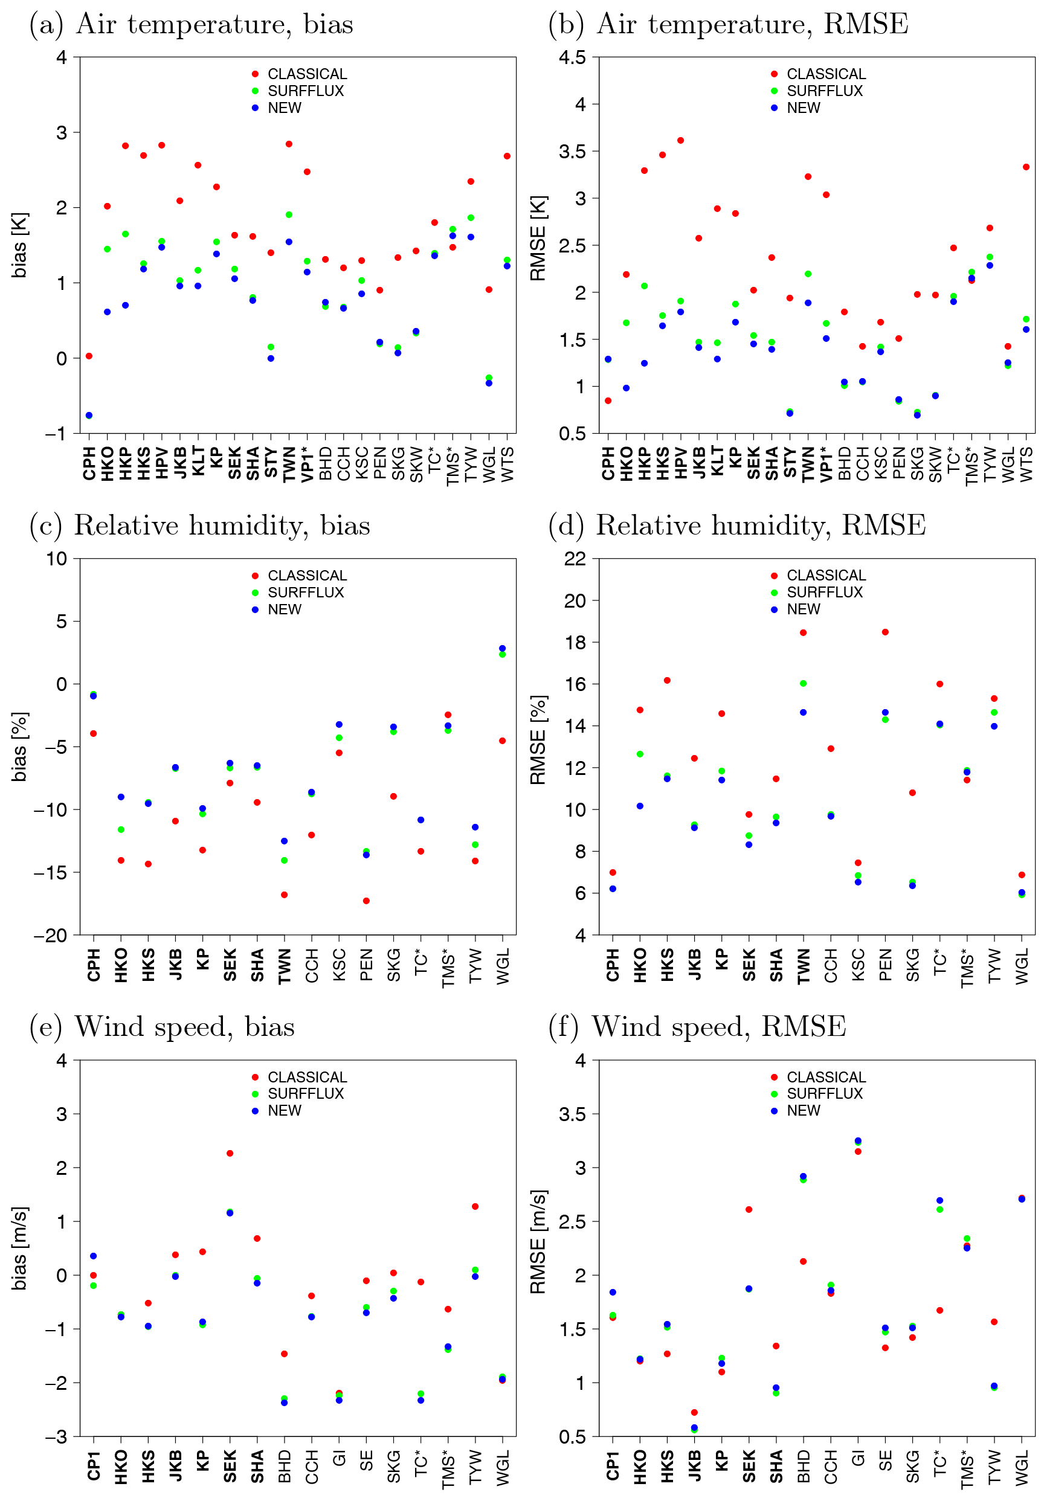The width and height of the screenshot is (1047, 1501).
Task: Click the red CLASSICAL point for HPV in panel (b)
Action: [x=680, y=141]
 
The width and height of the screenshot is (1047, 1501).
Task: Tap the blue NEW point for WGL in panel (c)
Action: [x=502, y=649]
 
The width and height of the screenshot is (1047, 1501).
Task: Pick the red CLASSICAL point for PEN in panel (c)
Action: [x=366, y=901]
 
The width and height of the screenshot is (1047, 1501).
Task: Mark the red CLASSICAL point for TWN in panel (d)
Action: [x=803, y=633]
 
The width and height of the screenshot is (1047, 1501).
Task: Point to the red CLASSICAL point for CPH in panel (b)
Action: [x=608, y=400]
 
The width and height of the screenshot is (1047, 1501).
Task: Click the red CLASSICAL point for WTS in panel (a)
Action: [x=507, y=156]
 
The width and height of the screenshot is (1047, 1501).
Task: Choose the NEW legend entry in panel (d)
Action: [x=803, y=609]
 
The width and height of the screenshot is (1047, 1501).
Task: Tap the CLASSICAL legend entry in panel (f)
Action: [x=825, y=1077]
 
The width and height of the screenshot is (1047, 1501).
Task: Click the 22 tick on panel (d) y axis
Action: [x=575, y=559]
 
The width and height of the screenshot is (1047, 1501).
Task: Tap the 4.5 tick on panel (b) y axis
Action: [x=572, y=57]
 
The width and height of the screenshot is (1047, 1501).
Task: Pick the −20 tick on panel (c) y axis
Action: [x=51, y=936]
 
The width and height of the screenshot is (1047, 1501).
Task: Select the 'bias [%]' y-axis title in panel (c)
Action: [x=19, y=747]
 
